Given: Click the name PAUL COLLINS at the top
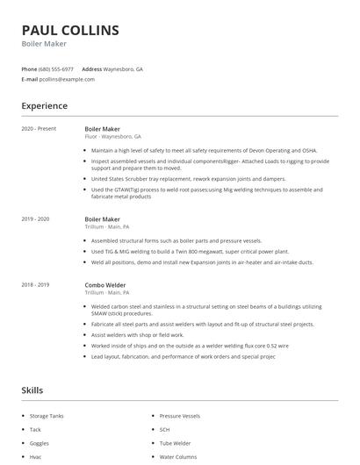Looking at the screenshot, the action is tap(70, 30).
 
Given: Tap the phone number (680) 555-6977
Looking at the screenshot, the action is tap(56, 68).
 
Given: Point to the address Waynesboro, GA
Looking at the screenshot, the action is tap(125, 68).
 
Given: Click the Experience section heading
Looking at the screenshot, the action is tap(45, 106).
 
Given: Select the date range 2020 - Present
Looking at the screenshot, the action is tap(39, 129).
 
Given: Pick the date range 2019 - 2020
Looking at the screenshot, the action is tap(36, 218).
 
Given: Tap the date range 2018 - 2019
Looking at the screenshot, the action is tap(36, 284).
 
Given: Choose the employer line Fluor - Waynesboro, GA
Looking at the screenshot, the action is tap(113, 138).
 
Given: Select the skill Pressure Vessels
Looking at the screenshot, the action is tap(180, 415).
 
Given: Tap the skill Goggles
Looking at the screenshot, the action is tap(40, 443).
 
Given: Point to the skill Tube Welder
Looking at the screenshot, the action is tap(176, 443).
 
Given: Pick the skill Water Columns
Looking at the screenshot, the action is tap(178, 457).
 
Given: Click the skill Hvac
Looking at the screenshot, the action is tap(36, 457).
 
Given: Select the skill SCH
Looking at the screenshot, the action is tap(164, 429).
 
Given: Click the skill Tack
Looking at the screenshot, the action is tap(35, 429).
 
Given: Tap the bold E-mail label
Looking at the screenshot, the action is tap(30, 79).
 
